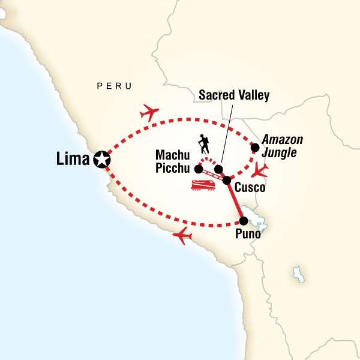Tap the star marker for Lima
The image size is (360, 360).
click(x=101, y=160)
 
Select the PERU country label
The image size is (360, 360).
click(x=113, y=86)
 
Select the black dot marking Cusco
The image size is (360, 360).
click(x=226, y=180)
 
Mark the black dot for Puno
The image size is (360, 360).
click(x=244, y=220)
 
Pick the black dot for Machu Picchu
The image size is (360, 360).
click(x=198, y=169)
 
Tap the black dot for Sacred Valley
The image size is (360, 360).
click(x=220, y=169)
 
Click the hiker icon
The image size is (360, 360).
click(x=204, y=145)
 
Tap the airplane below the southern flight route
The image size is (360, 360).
click(x=184, y=236)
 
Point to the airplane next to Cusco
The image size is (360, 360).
click(x=259, y=170)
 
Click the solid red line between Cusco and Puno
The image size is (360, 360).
click(x=235, y=200)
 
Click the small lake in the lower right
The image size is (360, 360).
click(x=297, y=273)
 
